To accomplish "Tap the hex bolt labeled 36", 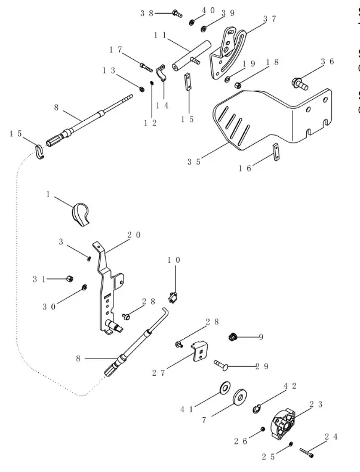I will pos(299,82).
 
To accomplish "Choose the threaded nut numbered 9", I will pos(234,337).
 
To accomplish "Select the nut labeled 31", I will pos(70,278).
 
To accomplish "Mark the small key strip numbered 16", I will pos(276,152).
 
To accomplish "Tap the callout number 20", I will pos(135,235).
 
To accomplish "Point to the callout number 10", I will pos(174,260).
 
